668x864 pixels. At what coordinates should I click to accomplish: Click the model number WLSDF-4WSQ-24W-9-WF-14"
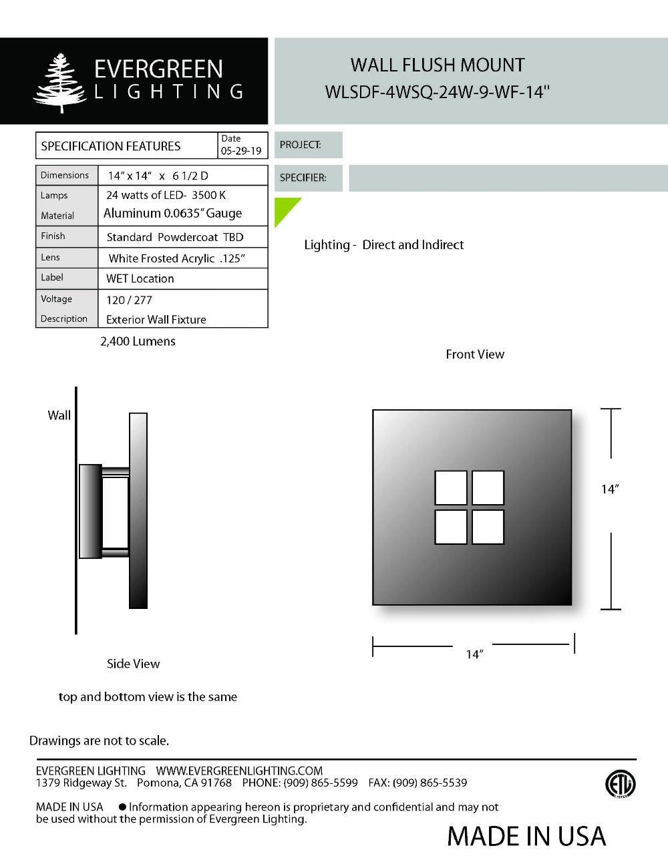point(437,91)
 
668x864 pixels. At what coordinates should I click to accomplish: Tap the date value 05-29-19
point(241,151)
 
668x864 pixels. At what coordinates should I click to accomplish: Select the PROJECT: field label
point(301,145)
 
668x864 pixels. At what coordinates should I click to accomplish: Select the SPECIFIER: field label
point(303,178)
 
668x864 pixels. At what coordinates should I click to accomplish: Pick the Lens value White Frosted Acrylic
point(177,258)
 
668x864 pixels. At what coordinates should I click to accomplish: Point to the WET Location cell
point(140,278)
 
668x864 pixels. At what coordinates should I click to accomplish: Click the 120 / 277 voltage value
point(129,300)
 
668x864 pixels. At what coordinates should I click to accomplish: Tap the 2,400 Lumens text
point(138,341)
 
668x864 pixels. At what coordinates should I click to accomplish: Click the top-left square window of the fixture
point(451,487)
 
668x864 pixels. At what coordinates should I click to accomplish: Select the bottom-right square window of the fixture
point(488,527)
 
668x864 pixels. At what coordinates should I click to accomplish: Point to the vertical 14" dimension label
point(610,489)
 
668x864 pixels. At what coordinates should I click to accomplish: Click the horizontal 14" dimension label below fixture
point(474,654)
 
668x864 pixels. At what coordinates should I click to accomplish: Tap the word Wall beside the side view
point(59,415)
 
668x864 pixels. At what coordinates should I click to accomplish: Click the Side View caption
point(133,664)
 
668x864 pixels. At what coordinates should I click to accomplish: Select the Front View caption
point(475,355)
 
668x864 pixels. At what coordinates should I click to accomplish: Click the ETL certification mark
point(621,784)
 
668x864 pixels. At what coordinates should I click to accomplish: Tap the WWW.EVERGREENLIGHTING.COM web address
point(239,771)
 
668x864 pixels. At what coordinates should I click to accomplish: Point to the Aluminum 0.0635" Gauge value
point(172,214)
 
